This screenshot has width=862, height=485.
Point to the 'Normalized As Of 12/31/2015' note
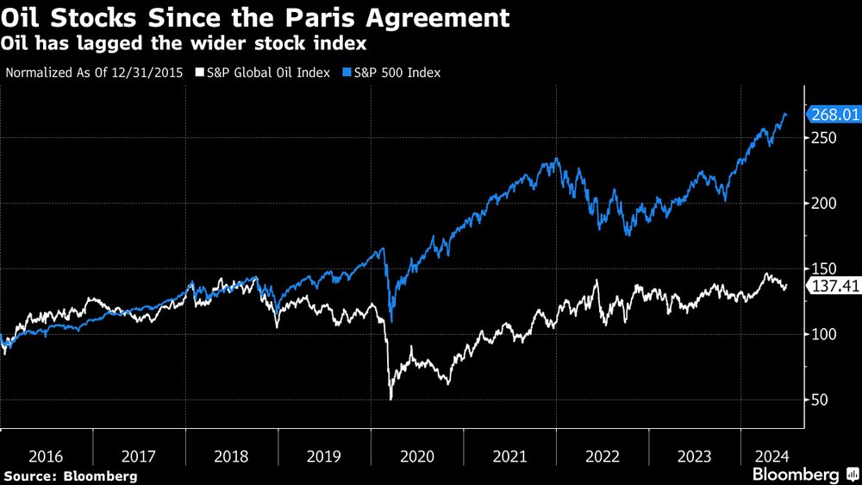point(95,72)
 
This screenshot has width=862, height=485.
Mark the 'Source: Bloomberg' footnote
point(70,476)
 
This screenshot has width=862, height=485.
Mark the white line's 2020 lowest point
point(390,399)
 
